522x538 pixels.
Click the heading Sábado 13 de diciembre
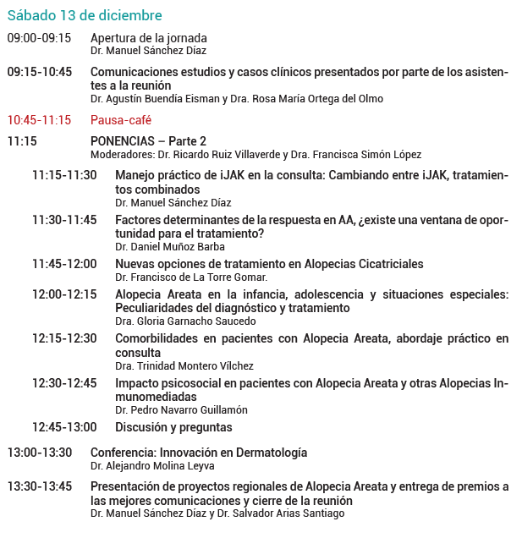coord(85,16)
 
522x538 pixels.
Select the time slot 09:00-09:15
coord(39,38)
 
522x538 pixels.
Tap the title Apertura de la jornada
coord(149,38)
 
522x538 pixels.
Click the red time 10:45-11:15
coord(39,120)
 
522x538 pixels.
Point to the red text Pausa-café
coord(121,120)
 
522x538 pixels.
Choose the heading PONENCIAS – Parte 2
coord(148,141)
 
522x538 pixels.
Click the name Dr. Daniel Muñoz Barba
coord(170,246)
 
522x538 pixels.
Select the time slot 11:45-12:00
coord(64,264)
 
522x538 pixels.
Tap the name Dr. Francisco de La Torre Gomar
coord(191,277)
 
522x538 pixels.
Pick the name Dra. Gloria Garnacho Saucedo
coord(185,321)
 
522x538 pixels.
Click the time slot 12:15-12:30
coord(64,338)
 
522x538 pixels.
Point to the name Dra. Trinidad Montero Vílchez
coord(184,365)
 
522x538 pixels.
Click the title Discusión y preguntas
coord(173,427)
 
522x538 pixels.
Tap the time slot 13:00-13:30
coord(40,453)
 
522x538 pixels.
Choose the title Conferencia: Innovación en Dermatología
coord(199,453)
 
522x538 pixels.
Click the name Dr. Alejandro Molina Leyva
coord(152,465)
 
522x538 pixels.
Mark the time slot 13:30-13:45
coord(40,486)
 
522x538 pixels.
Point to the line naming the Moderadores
coord(256,155)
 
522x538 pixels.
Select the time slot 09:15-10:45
coord(40,72)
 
